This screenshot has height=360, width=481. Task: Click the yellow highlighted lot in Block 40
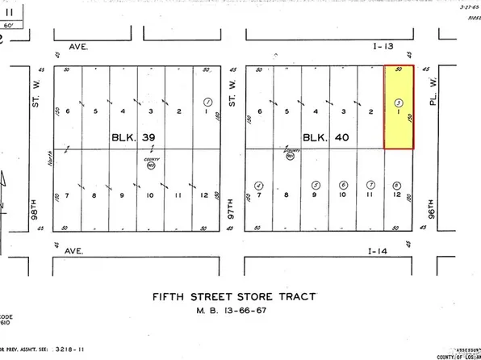pyautogui.click(x=399, y=107)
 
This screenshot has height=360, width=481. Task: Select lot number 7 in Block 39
pyautogui.click(x=68, y=195)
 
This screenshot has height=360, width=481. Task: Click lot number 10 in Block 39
pyautogui.click(x=151, y=195)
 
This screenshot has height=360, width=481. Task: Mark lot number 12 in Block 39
pyautogui.click(x=205, y=195)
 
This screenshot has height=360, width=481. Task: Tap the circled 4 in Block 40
pyautogui.click(x=259, y=185)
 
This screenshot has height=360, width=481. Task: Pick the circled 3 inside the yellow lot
pyautogui.click(x=399, y=103)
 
